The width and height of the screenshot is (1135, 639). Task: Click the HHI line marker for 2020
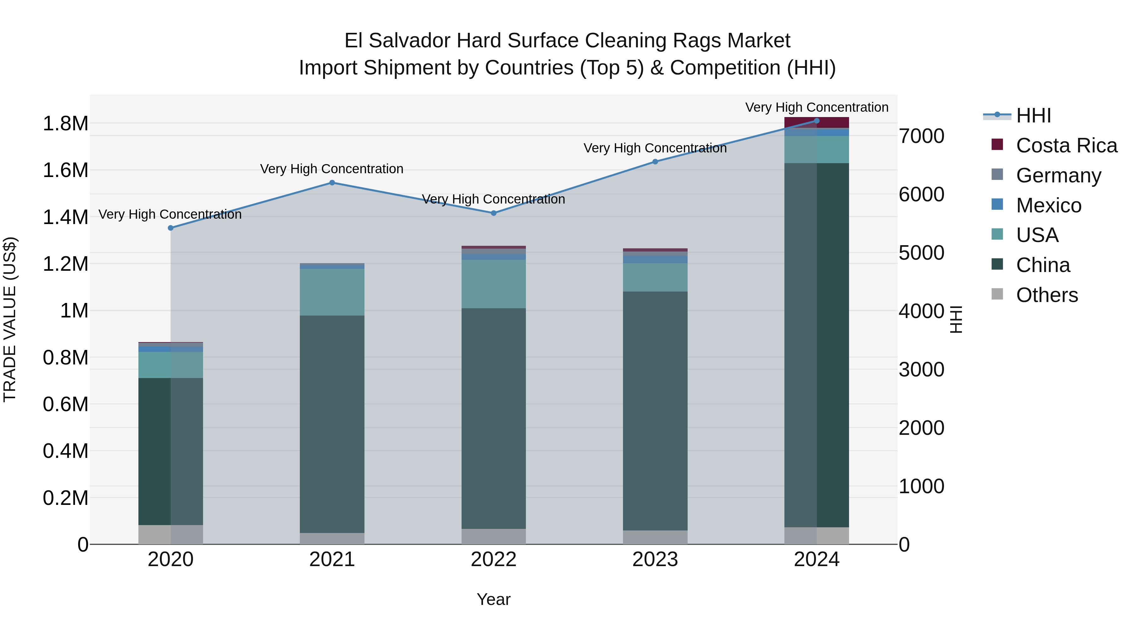171,228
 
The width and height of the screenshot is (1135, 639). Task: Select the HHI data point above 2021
332,183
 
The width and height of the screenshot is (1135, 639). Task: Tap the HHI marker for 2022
493,213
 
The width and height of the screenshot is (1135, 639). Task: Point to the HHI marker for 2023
655,162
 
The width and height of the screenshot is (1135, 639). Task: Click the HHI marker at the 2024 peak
817,121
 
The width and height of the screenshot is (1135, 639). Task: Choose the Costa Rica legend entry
1066,145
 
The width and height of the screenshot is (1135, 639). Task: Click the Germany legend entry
1058,175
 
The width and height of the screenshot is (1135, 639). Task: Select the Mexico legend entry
1049,205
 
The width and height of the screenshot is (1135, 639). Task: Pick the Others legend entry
1047,295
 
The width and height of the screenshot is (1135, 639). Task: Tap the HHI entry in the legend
1033,115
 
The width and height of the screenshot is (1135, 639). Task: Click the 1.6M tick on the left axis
65,170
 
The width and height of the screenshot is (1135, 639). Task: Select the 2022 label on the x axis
493,559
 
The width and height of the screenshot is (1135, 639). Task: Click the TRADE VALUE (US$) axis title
10,319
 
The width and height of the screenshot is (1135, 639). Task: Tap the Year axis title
493,599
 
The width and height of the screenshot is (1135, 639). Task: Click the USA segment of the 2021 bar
332,292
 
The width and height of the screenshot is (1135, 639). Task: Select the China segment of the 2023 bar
655,410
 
